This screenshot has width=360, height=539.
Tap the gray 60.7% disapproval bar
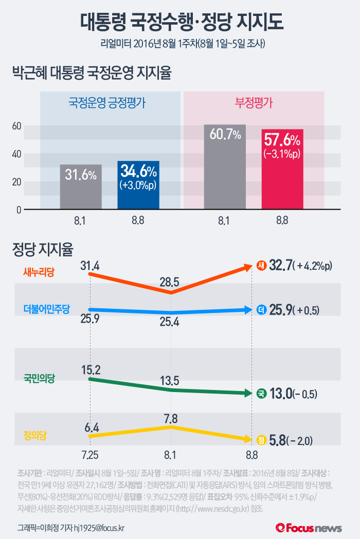pyautogui.click(x=225, y=167)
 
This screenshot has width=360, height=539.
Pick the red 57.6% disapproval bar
pyautogui.click(x=282, y=169)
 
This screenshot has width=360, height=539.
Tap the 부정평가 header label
pyautogui.click(x=254, y=102)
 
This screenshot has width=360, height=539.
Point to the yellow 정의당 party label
pyautogui.click(x=35, y=435)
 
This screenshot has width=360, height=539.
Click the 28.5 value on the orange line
pyautogui.click(x=169, y=282)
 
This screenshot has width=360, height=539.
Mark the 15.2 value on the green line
pyautogui.click(x=90, y=368)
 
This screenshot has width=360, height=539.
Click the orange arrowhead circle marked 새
pyautogui.click(x=261, y=266)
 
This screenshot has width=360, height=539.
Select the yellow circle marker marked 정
pyautogui.click(x=261, y=440)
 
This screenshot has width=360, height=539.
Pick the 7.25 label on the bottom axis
pyautogui.click(x=90, y=455)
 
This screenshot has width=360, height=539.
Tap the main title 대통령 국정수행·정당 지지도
pyautogui.click(x=180, y=22)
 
